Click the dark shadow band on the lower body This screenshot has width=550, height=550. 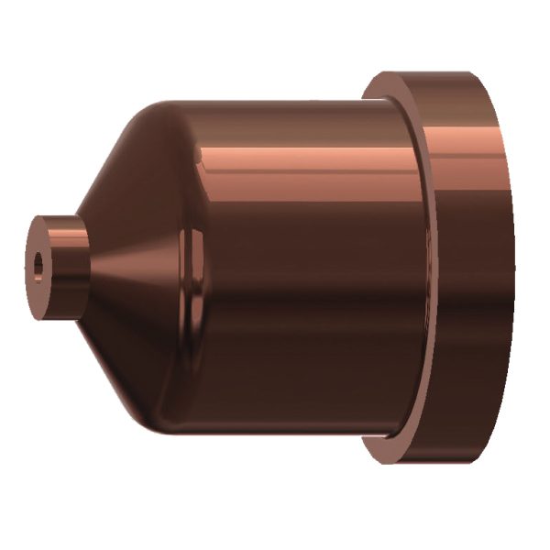pyautogui.click(x=293, y=367)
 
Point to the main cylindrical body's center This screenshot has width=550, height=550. pyautogui.click(x=293, y=266)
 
